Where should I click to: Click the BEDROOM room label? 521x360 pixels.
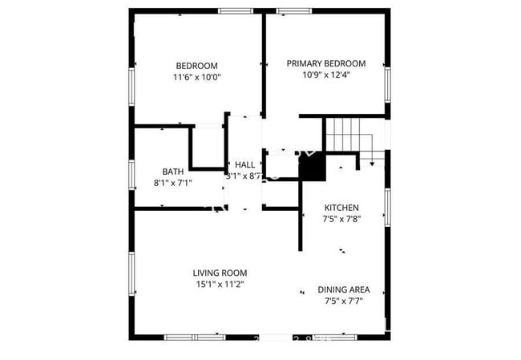196,66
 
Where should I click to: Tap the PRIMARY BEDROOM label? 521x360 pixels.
326,63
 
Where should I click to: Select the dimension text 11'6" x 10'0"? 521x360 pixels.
196,78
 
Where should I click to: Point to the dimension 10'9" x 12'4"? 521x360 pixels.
326,75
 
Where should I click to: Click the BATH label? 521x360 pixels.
172,171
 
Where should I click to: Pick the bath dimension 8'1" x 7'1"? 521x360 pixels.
172,182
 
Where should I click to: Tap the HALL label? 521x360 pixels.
244,164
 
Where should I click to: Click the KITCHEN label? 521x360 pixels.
341,207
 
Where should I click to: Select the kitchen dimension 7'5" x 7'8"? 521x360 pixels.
341,218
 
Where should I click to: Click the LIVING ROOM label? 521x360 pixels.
220,272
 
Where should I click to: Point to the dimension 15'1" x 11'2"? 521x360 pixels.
220,284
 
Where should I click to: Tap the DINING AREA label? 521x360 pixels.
343,289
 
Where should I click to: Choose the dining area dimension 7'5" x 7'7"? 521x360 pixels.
343,301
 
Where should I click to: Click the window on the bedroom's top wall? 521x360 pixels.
232,10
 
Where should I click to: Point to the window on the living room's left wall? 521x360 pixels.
131,277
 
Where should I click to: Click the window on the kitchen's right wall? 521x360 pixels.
387,206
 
